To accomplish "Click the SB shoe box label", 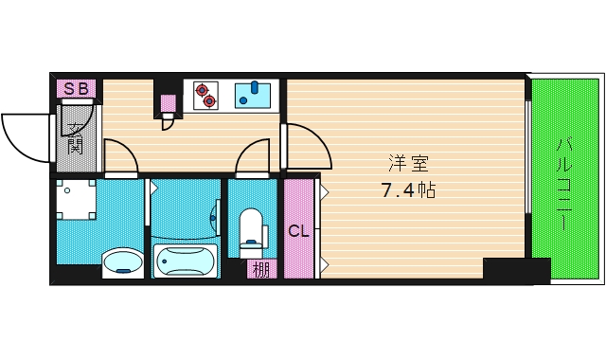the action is click(x=76, y=89).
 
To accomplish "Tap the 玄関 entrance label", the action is click(x=75, y=138).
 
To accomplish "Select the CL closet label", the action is click(x=299, y=231).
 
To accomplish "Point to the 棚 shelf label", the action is click(x=261, y=270).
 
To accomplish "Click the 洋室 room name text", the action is click(x=409, y=163).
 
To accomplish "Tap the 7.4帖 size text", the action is click(x=409, y=190).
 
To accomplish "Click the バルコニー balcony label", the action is click(x=564, y=184).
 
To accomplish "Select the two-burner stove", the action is click(x=205, y=95).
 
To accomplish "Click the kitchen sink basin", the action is click(x=253, y=96).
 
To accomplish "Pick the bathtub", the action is click(x=186, y=261).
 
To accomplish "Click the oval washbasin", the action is click(x=122, y=263).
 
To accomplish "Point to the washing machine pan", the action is click(x=76, y=200).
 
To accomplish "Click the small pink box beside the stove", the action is click(x=169, y=103).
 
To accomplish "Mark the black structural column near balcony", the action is click(x=517, y=271).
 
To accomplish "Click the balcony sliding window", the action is click(x=527, y=156).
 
